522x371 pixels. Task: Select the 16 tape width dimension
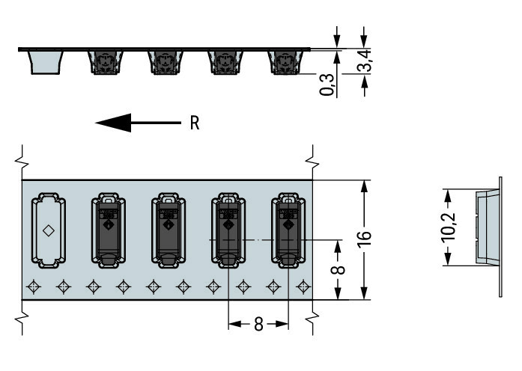tap(365, 239)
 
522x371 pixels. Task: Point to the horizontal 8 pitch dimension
tap(258, 324)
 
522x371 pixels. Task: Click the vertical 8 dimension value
tap(338, 269)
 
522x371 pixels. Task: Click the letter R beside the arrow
tap(194, 123)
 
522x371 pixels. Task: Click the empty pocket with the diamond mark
tap(47, 230)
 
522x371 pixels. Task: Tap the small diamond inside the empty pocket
tap(47, 230)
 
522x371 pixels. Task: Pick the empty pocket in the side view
tap(44, 62)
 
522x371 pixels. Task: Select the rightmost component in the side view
tap(285, 62)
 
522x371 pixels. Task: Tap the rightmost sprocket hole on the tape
tap(303, 286)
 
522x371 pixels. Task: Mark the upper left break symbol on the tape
tap(22, 156)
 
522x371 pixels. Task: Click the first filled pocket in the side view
tap(105, 62)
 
